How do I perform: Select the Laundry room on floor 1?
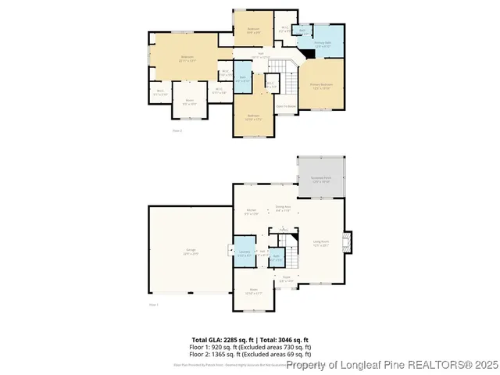(243, 252)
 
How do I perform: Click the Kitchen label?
(252, 211)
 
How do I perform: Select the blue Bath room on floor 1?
(276, 259)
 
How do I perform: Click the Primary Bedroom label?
(321, 85)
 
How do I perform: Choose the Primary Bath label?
(323, 45)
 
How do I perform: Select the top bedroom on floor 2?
(254, 30)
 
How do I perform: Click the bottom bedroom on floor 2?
(253, 117)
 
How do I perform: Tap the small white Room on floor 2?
(189, 102)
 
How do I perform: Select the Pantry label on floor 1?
(284, 230)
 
